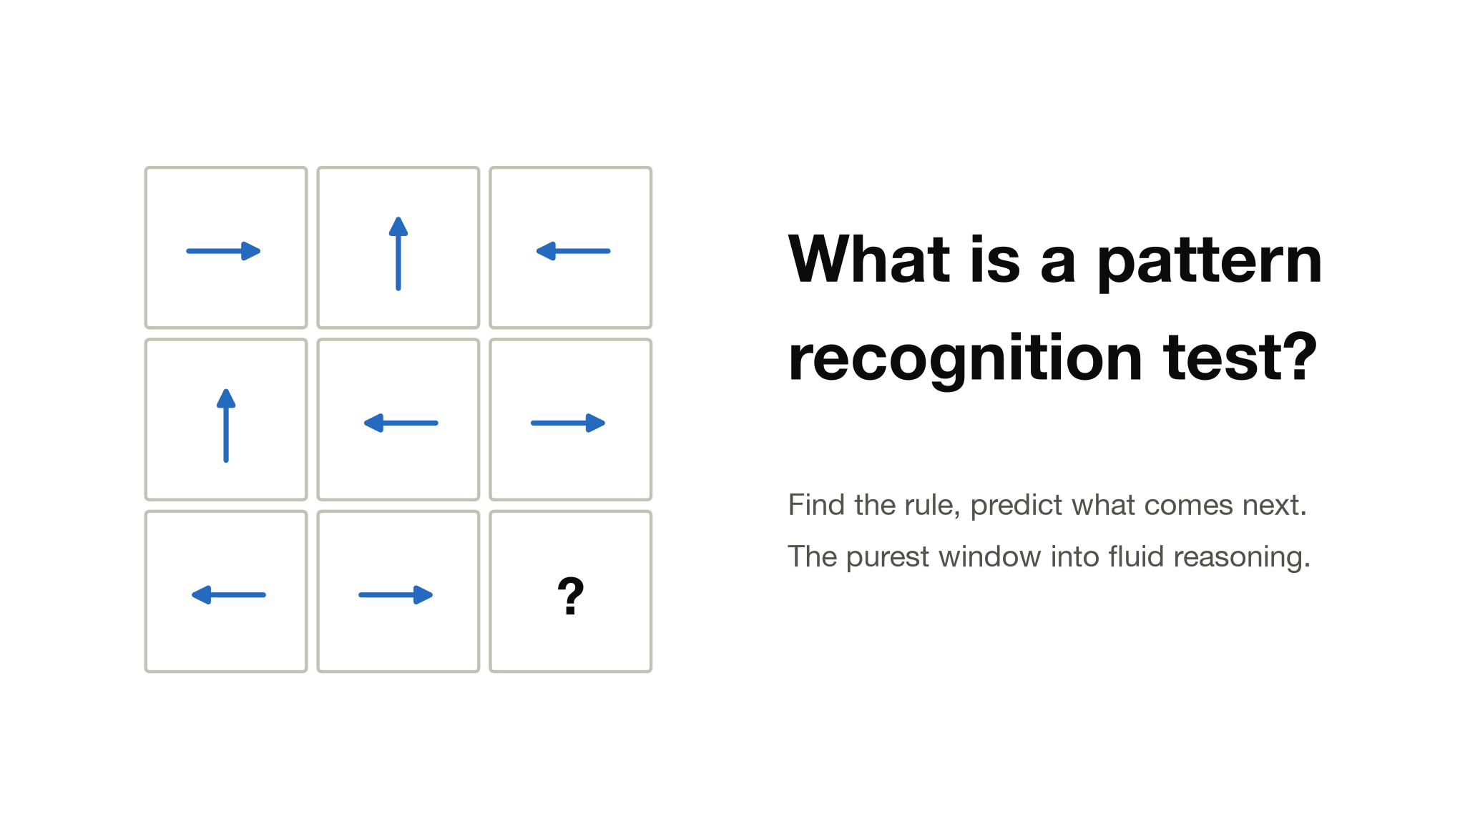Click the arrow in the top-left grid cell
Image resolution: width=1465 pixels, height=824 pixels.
click(x=223, y=251)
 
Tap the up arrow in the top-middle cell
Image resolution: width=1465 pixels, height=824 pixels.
click(x=398, y=254)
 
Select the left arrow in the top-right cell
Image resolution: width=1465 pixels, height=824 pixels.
click(x=573, y=251)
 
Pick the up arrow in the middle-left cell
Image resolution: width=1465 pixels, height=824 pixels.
click(x=226, y=426)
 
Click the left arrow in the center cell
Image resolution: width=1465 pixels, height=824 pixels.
click(x=401, y=423)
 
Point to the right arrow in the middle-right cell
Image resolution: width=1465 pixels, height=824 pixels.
click(x=568, y=423)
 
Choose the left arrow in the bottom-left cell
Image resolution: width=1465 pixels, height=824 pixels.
click(x=228, y=594)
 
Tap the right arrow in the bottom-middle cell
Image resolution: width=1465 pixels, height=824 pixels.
click(x=396, y=594)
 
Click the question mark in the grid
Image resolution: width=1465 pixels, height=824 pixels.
click(x=571, y=596)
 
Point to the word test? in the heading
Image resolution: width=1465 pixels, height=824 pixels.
click(x=1241, y=357)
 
